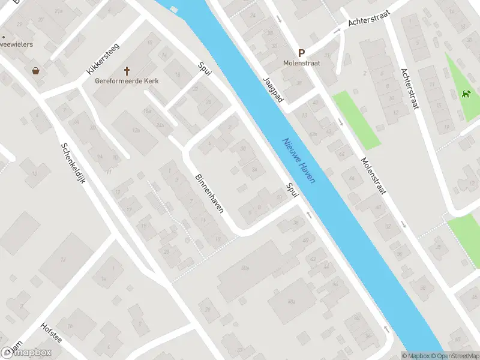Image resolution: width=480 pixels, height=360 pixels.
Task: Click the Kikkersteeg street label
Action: pyautogui.click(x=103, y=58)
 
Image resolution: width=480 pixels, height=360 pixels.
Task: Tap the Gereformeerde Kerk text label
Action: pyautogui.click(x=127, y=81)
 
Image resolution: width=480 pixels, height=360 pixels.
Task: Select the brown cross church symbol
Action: pyautogui.click(x=127, y=70)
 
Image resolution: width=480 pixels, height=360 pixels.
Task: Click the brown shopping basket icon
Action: pyautogui.click(x=36, y=70)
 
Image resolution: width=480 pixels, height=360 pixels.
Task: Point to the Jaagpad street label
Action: pyautogui.click(x=272, y=89)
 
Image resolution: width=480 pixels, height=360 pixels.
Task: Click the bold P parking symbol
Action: pyautogui.click(x=301, y=53)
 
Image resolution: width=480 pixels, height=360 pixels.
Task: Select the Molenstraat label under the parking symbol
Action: pyautogui.click(x=301, y=63)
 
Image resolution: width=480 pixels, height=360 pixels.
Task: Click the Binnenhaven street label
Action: pyautogui.click(x=209, y=193)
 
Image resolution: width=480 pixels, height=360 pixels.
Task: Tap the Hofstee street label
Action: pyautogui.click(x=51, y=334)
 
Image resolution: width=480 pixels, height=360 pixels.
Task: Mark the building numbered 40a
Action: pyautogui.click(x=244, y=268)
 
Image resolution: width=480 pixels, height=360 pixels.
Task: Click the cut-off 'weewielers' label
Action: pyautogui.click(x=17, y=44)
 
